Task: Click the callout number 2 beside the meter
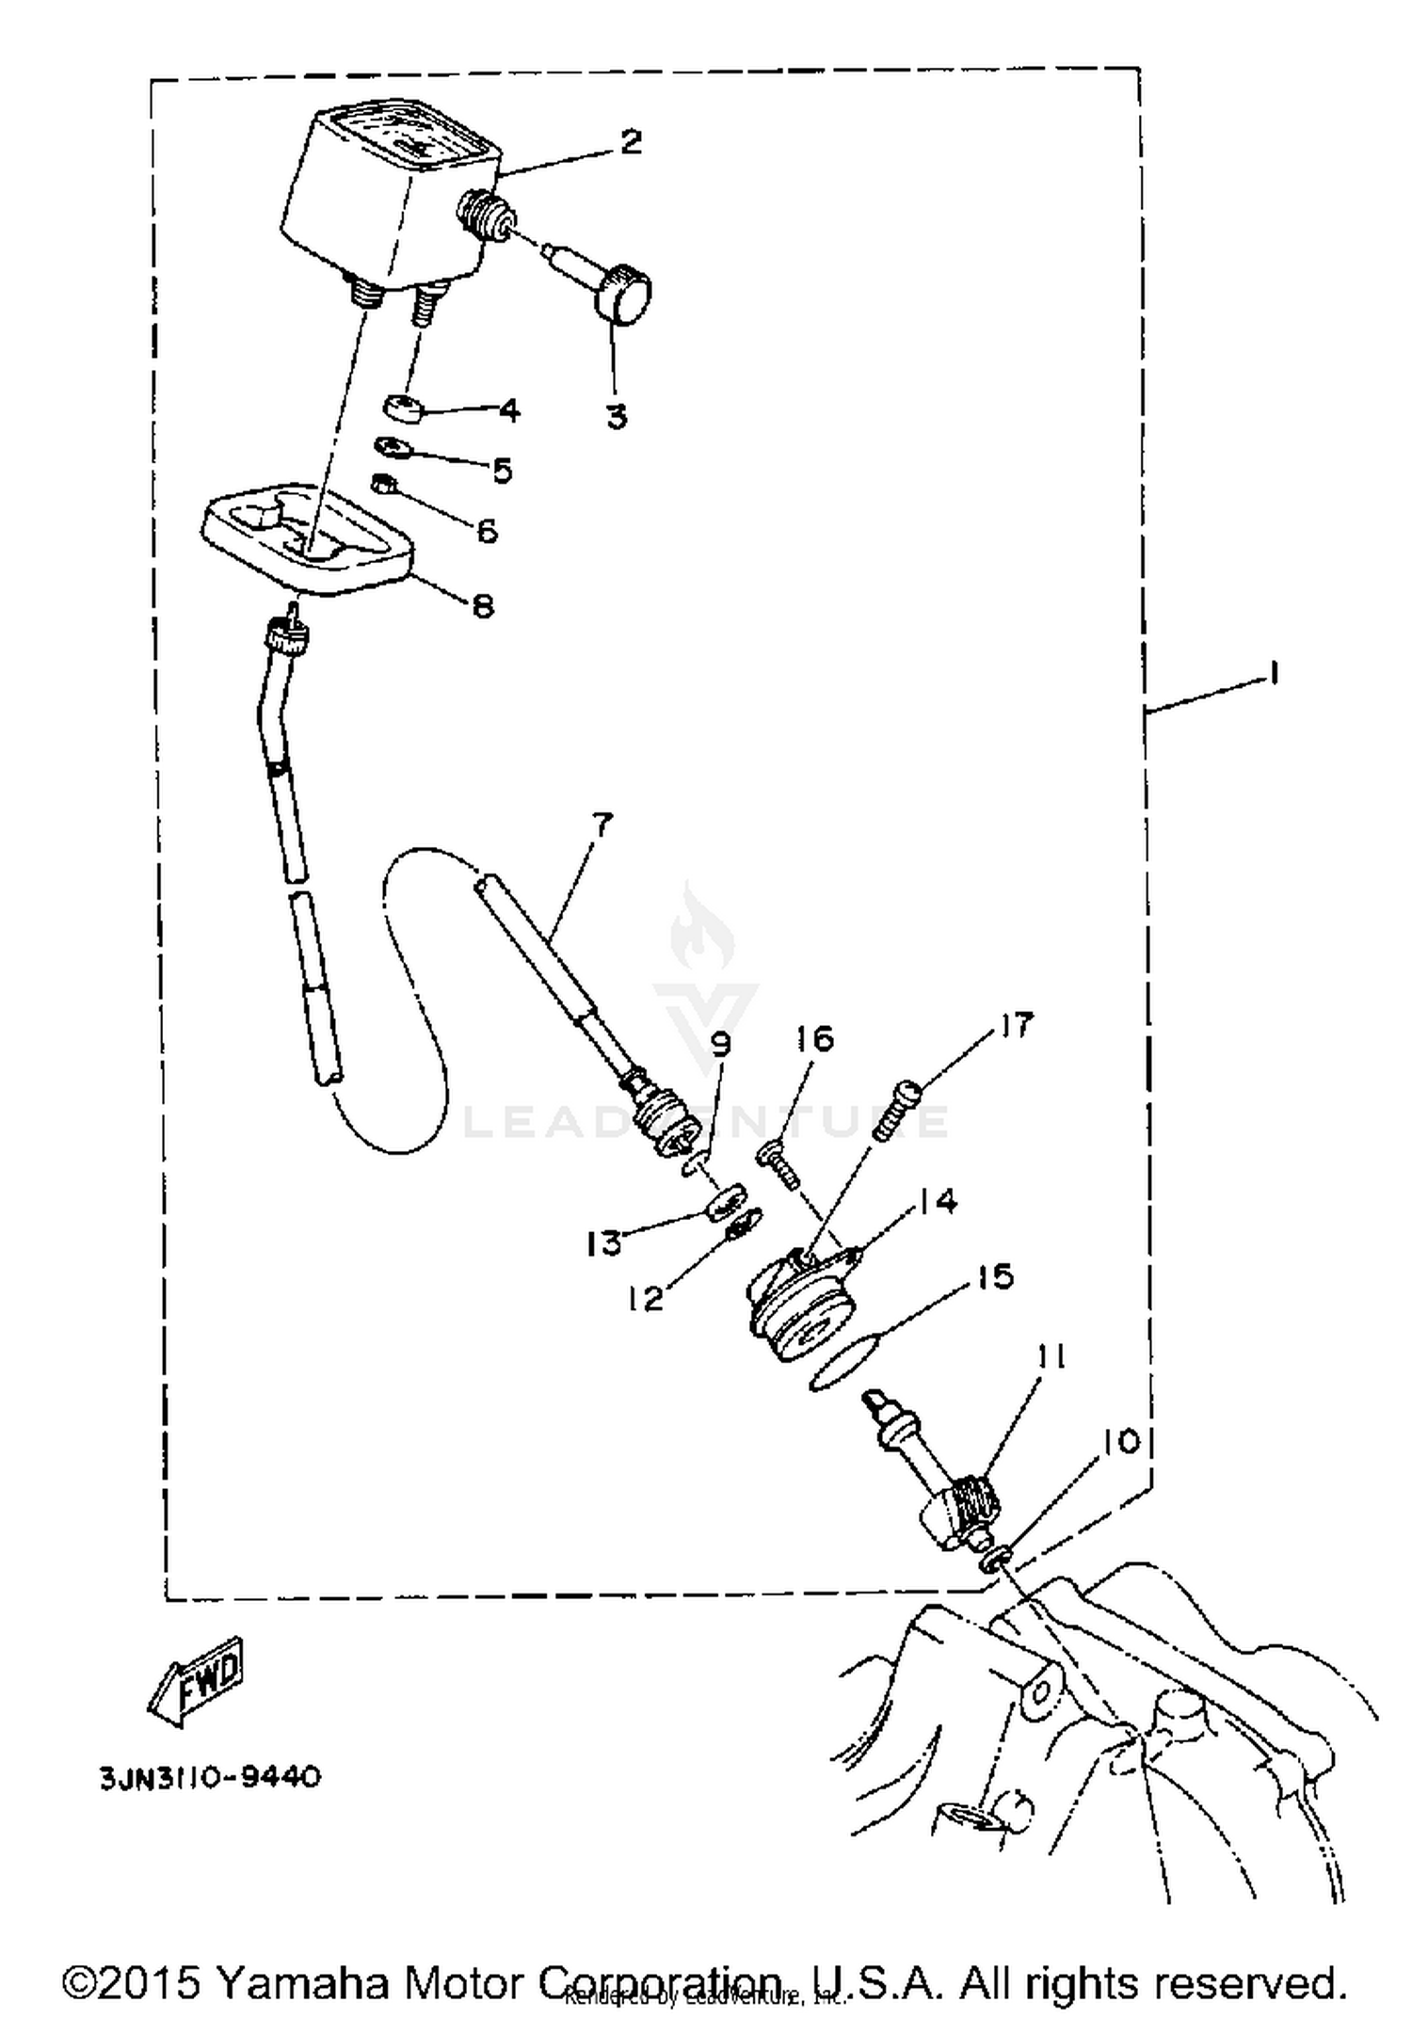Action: coord(631,141)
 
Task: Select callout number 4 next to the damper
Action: coord(508,410)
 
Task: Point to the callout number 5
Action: coord(502,470)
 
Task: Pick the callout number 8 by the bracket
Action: coord(482,605)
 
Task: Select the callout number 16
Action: coord(815,1039)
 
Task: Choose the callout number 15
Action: coord(995,1277)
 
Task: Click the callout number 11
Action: coord(1051,1357)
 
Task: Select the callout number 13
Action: coord(603,1244)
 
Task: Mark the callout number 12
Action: coord(648,1300)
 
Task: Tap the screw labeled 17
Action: coord(897,1112)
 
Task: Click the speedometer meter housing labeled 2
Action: coord(386,198)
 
